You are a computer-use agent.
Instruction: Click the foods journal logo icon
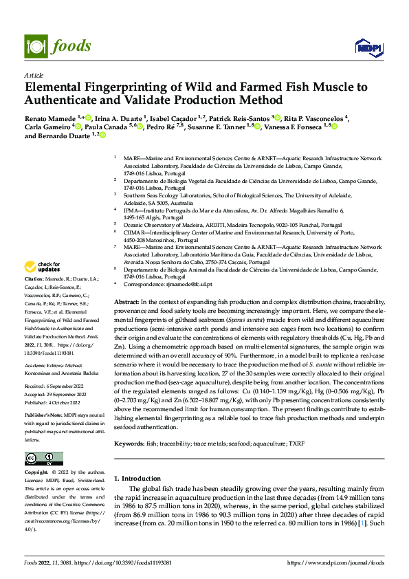point(34,45)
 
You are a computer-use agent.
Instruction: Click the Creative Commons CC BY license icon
point(43,459)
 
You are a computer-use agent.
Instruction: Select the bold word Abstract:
point(126,302)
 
